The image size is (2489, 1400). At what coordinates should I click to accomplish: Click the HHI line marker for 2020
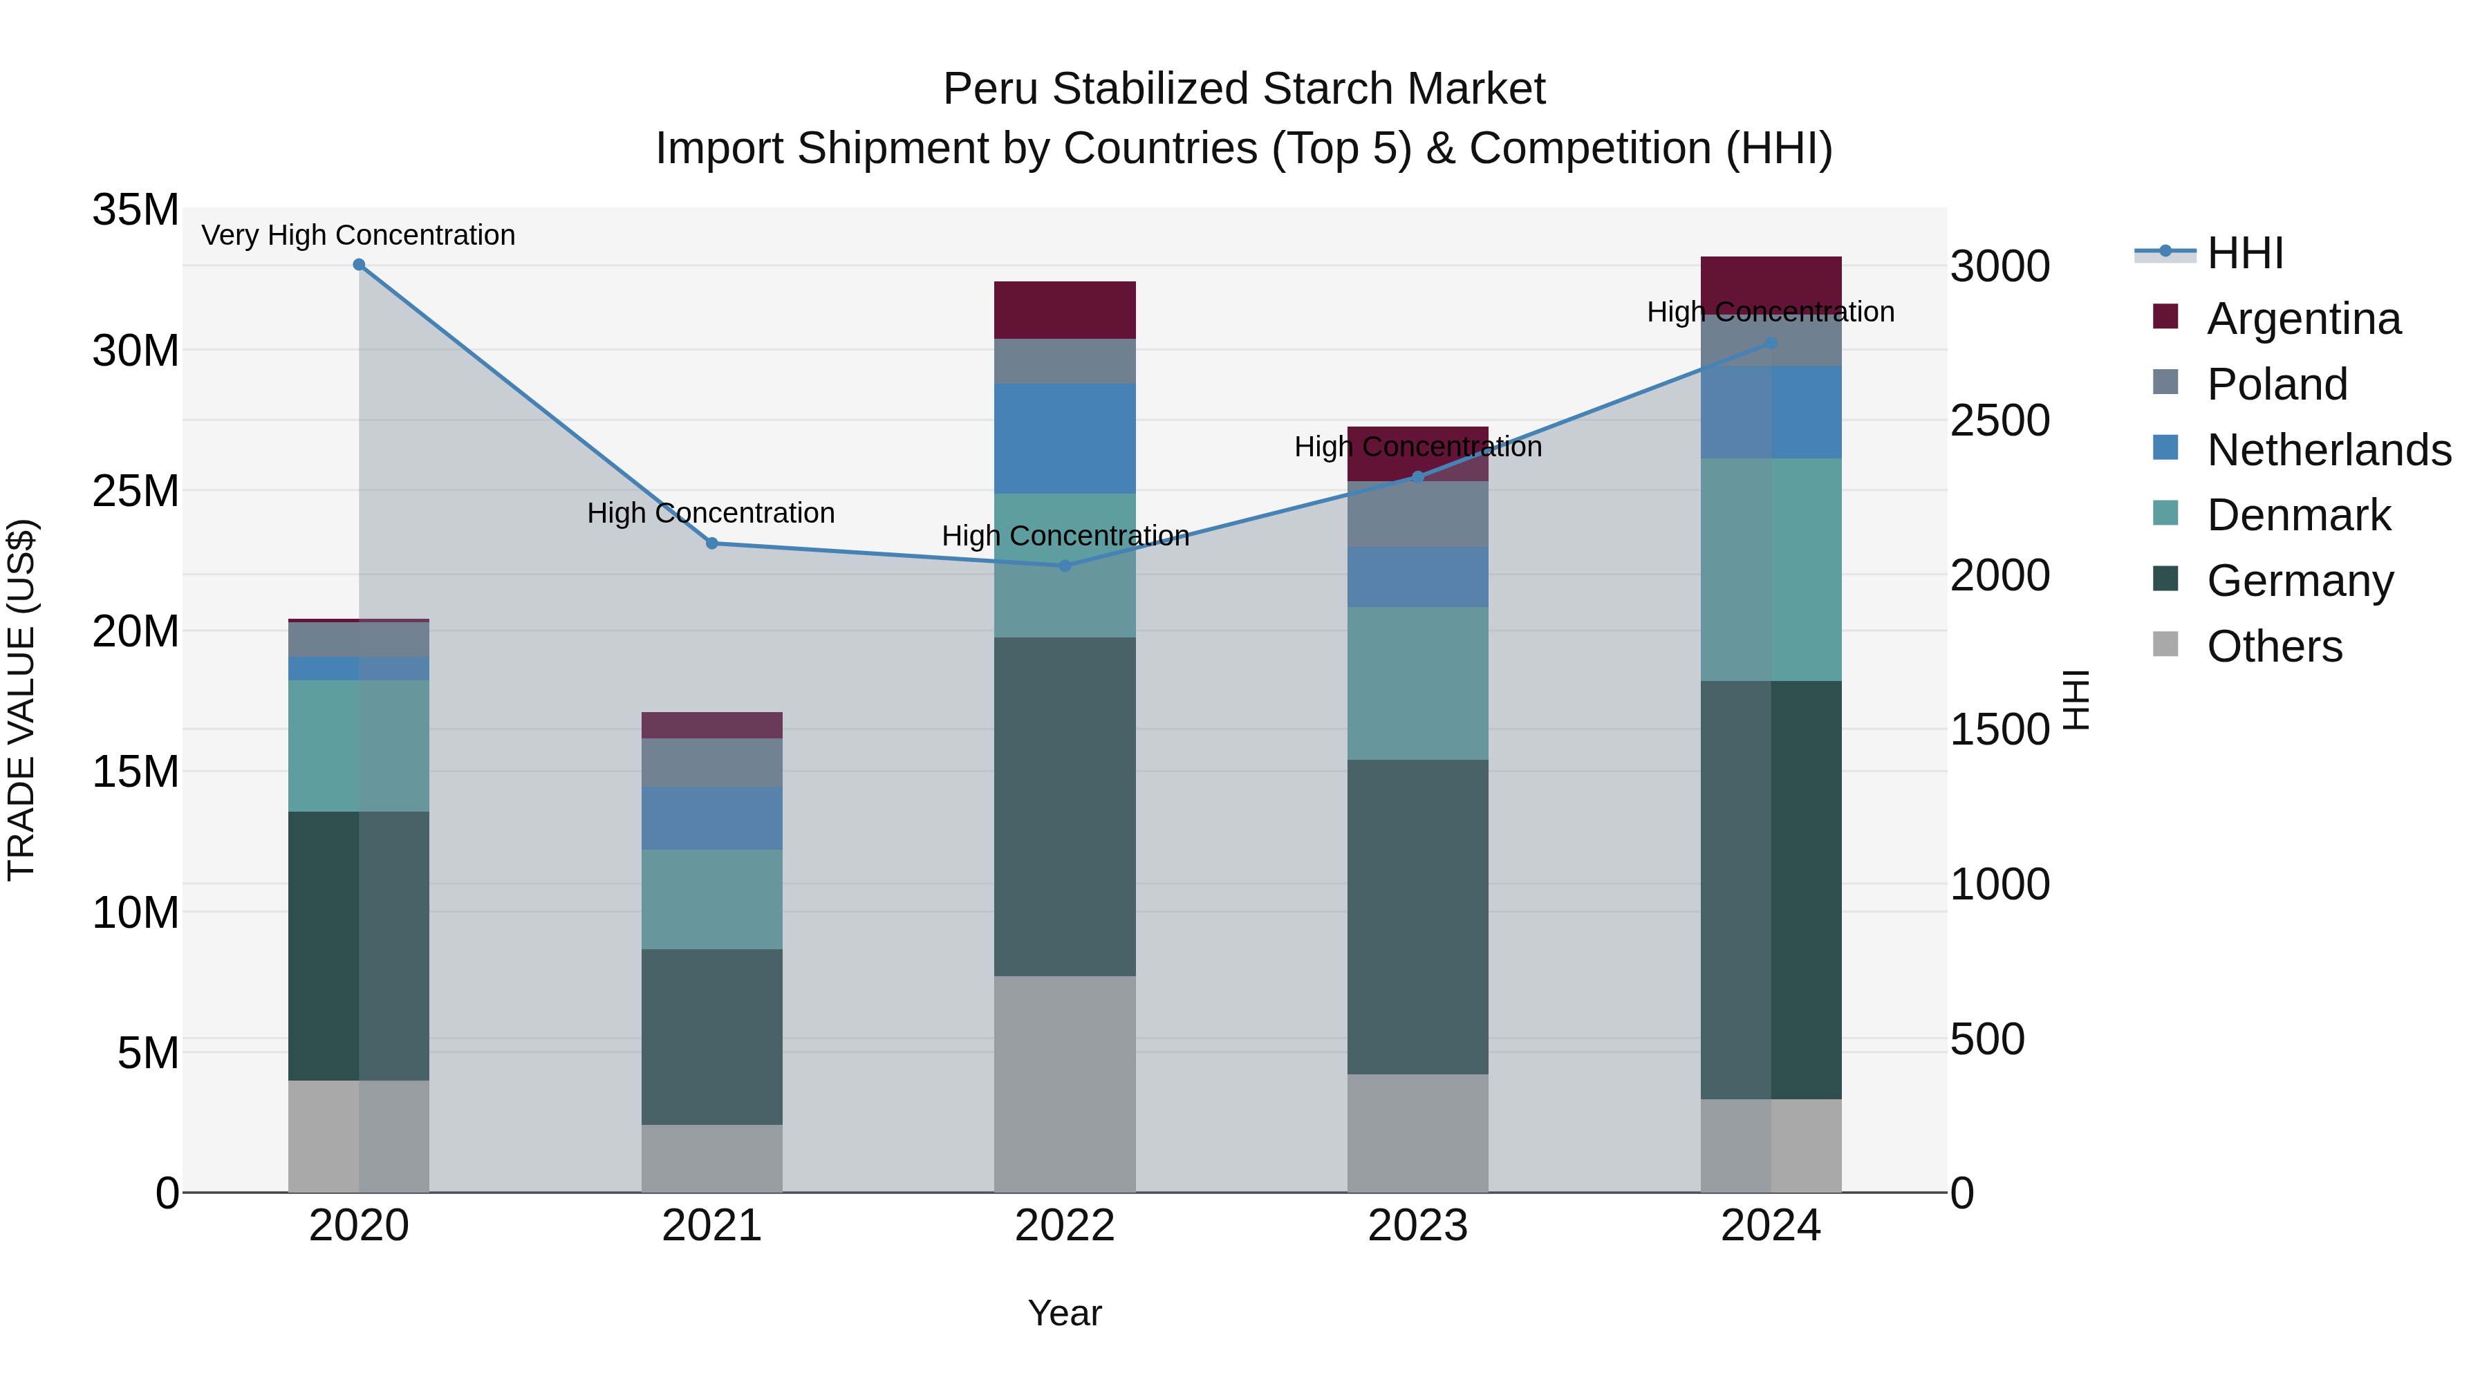pyautogui.click(x=358, y=264)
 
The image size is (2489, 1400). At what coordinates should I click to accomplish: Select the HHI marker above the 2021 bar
pyautogui.click(x=712, y=543)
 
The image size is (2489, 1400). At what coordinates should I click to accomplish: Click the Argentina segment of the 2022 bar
pyautogui.click(x=1065, y=309)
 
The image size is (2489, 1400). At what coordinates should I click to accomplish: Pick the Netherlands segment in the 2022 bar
pyautogui.click(x=1065, y=438)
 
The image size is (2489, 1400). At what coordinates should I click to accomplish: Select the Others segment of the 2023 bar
pyautogui.click(x=1417, y=1132)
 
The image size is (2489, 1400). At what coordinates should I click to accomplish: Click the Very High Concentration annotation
pyautogui.click(x=358, y=235)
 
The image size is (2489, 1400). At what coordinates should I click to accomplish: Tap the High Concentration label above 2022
pyautogui.click(x=1065, y=535)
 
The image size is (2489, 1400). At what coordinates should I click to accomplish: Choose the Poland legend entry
pyautogui.click(x=2277, y=384)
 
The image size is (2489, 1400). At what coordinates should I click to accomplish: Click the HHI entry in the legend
pyautogui.click(x=2244, y=253)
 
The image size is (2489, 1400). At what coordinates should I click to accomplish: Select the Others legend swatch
pyautogui.click(x=2165, y=644)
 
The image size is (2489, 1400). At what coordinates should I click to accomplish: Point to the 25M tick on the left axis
pyautogui.click(x=136, y=491)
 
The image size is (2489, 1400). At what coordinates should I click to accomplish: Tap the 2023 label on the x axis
pyautogui.click(x=1417, y=1226)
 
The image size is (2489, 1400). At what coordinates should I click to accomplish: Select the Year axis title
pyautogui.click(x=1065, y=1313)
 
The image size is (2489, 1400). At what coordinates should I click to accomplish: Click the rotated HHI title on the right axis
pyautogui.click(x=2076, y=700)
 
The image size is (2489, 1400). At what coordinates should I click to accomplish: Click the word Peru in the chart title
pyautogui.click(x=990, y=89)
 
